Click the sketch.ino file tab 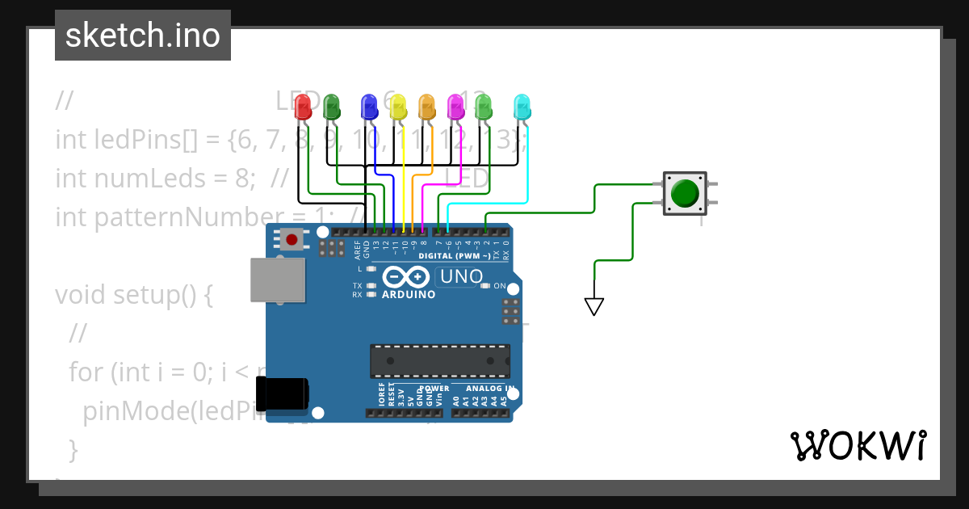click(143, 36)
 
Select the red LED click(303, 107)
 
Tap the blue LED click(369, 107)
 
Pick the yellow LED click(398, 107)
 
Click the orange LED click(426, 107)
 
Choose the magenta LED click(455, 107)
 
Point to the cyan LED click(522, 107)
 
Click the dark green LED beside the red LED click(331, 107)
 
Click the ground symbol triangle click(594, 306)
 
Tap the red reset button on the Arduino click(292, 239)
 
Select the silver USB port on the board click(278, 281)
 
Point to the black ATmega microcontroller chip click(440, 361)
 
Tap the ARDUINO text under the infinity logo click(408, 294)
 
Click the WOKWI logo click(858, 445)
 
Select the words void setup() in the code click(133, 295)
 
